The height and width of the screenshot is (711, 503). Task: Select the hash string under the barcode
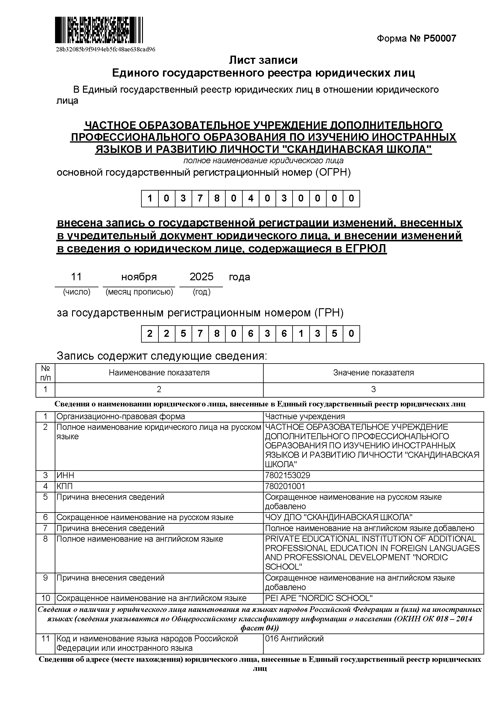106,49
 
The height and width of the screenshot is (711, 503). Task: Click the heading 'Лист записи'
263,60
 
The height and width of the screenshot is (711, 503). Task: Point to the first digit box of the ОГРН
150,198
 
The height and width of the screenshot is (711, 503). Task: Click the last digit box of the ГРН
351,333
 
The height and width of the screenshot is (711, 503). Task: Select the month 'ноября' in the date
139,277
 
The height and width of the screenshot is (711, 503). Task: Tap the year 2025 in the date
201,277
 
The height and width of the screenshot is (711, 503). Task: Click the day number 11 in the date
76,277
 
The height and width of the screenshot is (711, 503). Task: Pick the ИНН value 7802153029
287,475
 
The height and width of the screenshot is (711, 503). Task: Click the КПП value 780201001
285,486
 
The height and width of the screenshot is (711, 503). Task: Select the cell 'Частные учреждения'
305,416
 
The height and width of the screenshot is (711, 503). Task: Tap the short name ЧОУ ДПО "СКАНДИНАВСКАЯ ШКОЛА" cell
338,517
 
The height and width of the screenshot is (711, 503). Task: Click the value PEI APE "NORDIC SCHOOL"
319,598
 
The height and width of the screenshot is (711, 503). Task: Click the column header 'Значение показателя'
373,373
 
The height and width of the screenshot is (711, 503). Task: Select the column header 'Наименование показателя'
159,373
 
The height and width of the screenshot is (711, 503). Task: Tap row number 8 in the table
45,539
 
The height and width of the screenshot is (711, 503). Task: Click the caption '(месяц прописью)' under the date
139,292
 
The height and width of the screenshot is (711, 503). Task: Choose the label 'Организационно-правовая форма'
120,416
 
